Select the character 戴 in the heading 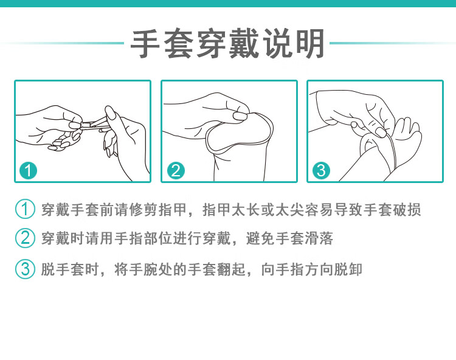click(x=244, y=44)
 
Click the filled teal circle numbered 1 click(x=28, y=170)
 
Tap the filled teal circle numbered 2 click(x=176, y=170)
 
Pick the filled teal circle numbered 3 click(x=321, y=170)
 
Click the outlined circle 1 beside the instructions click(x=26, y=209)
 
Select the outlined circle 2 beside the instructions click(x=26, y=238)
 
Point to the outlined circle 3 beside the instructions click(x=26, y=269)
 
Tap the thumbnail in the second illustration click(x=240, y=116)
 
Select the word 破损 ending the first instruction click(x=407, y=210)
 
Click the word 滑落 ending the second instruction click(x=319, y=238)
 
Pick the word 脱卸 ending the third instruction click(x=348, y=269)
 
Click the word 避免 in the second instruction click(x=260, y=238)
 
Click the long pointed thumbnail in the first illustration click(x=110, y=113)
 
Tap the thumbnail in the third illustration click(x=381, y=132)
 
